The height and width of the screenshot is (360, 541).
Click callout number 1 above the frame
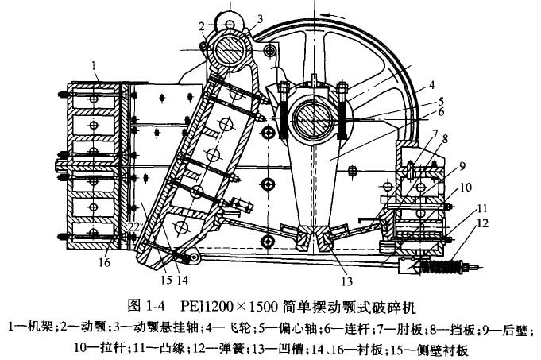(x=94, y=64)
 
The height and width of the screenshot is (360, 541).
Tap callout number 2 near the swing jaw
(x=203, y=25)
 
